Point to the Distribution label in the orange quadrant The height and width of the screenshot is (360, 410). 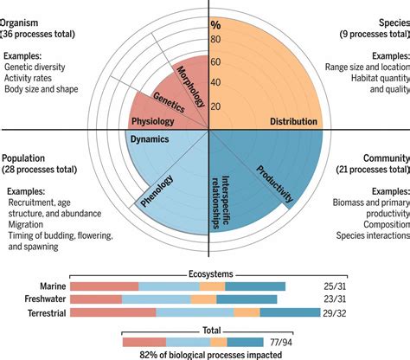click(288, 122)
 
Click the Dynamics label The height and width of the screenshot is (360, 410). click(150, 138)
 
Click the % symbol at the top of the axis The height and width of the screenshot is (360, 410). click(216, 25)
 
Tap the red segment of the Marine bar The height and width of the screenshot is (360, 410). click(104, 285)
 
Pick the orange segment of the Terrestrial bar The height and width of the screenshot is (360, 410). click(246, 312)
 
